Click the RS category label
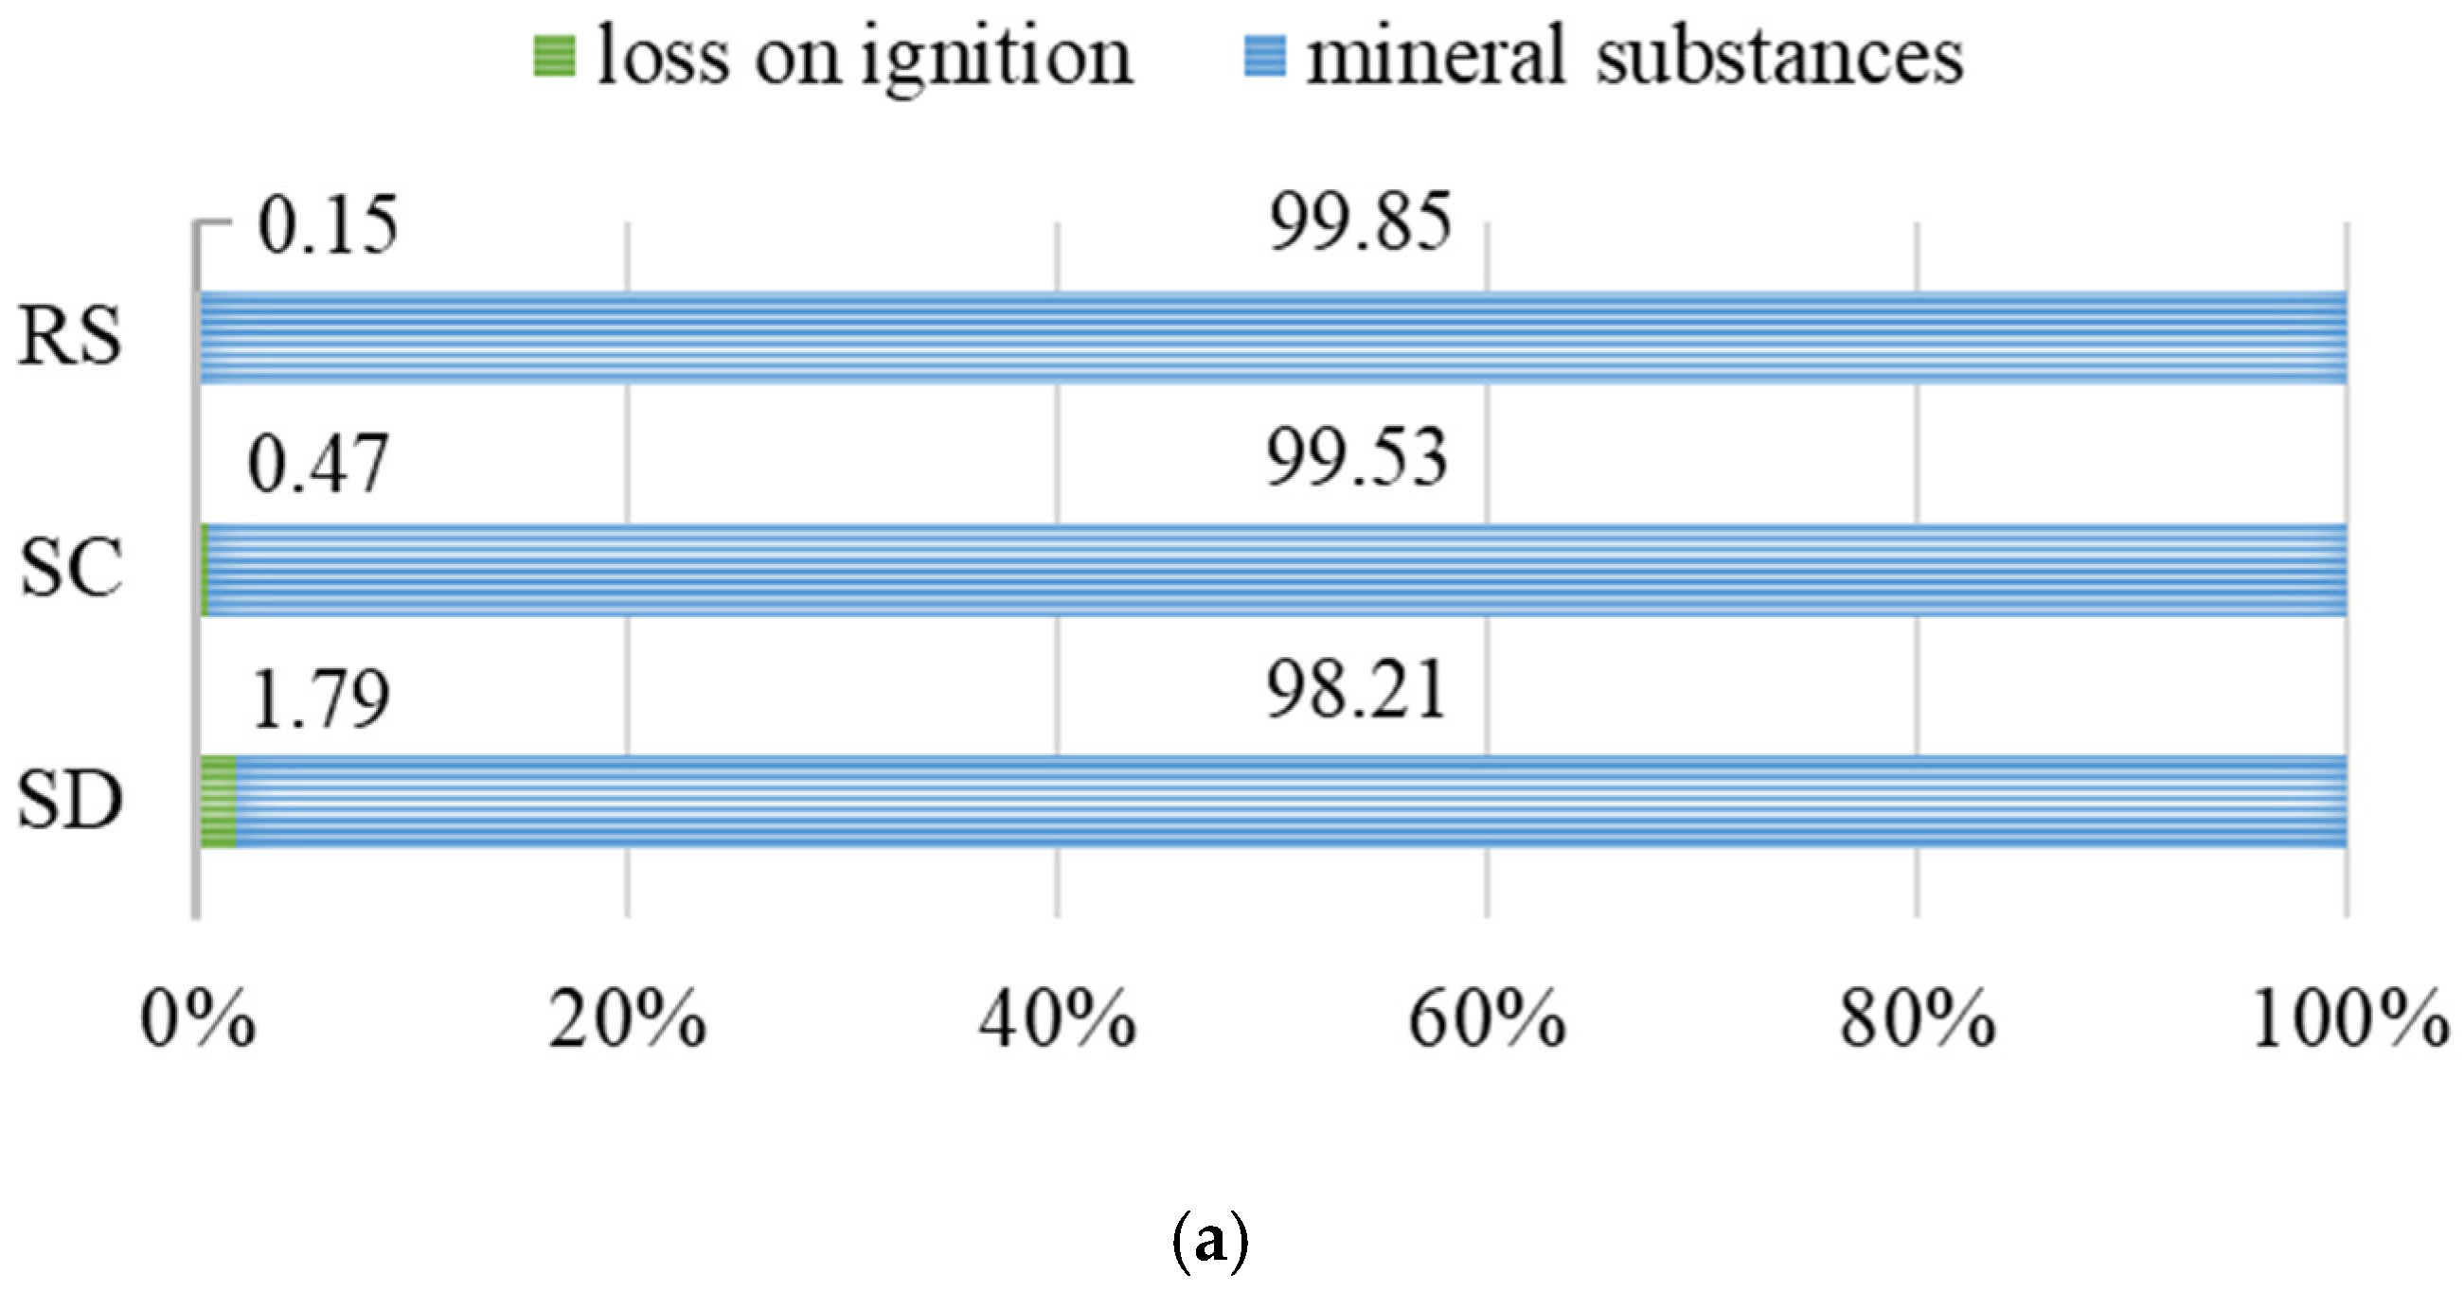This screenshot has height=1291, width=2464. [x=70, y=337]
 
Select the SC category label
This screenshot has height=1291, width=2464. [x=72, y=568]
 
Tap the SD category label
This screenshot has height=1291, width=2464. [x=70, y=801]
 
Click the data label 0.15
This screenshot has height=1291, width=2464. [x=328, y=225]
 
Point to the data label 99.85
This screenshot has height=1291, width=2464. [x=1359, y=221]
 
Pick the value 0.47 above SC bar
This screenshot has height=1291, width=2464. [x=317, y=464]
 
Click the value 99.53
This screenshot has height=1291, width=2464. [x=1356, y=459]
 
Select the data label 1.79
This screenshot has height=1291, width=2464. [x=320, y=699]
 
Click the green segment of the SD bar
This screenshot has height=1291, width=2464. [x=219, y=802]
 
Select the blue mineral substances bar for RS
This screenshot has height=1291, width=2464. [x=1272, y=338]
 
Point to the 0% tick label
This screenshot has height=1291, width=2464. [x=198, y=1020]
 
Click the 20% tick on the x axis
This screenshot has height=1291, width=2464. [x=627, y=1020]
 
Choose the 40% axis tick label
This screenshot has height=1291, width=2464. [x=1056, y=1020]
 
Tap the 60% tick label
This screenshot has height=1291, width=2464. [x=1487, y=1020]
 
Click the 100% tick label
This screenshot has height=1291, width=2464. [x=2349, y=1020]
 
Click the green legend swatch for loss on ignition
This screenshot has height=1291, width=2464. [x=554, y=57]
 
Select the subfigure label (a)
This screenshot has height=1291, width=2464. [x=1209, y=1242]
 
